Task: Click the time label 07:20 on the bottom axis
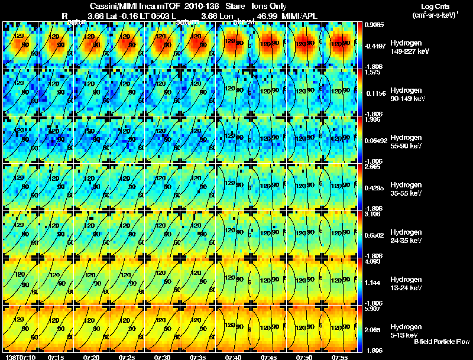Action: pos(91,358)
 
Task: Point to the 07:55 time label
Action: pos(341,358)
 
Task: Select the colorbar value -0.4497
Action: pos(377,46)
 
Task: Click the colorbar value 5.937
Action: pos(373,309)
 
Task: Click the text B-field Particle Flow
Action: pos(441,342)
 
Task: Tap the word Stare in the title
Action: pos(235,5)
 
